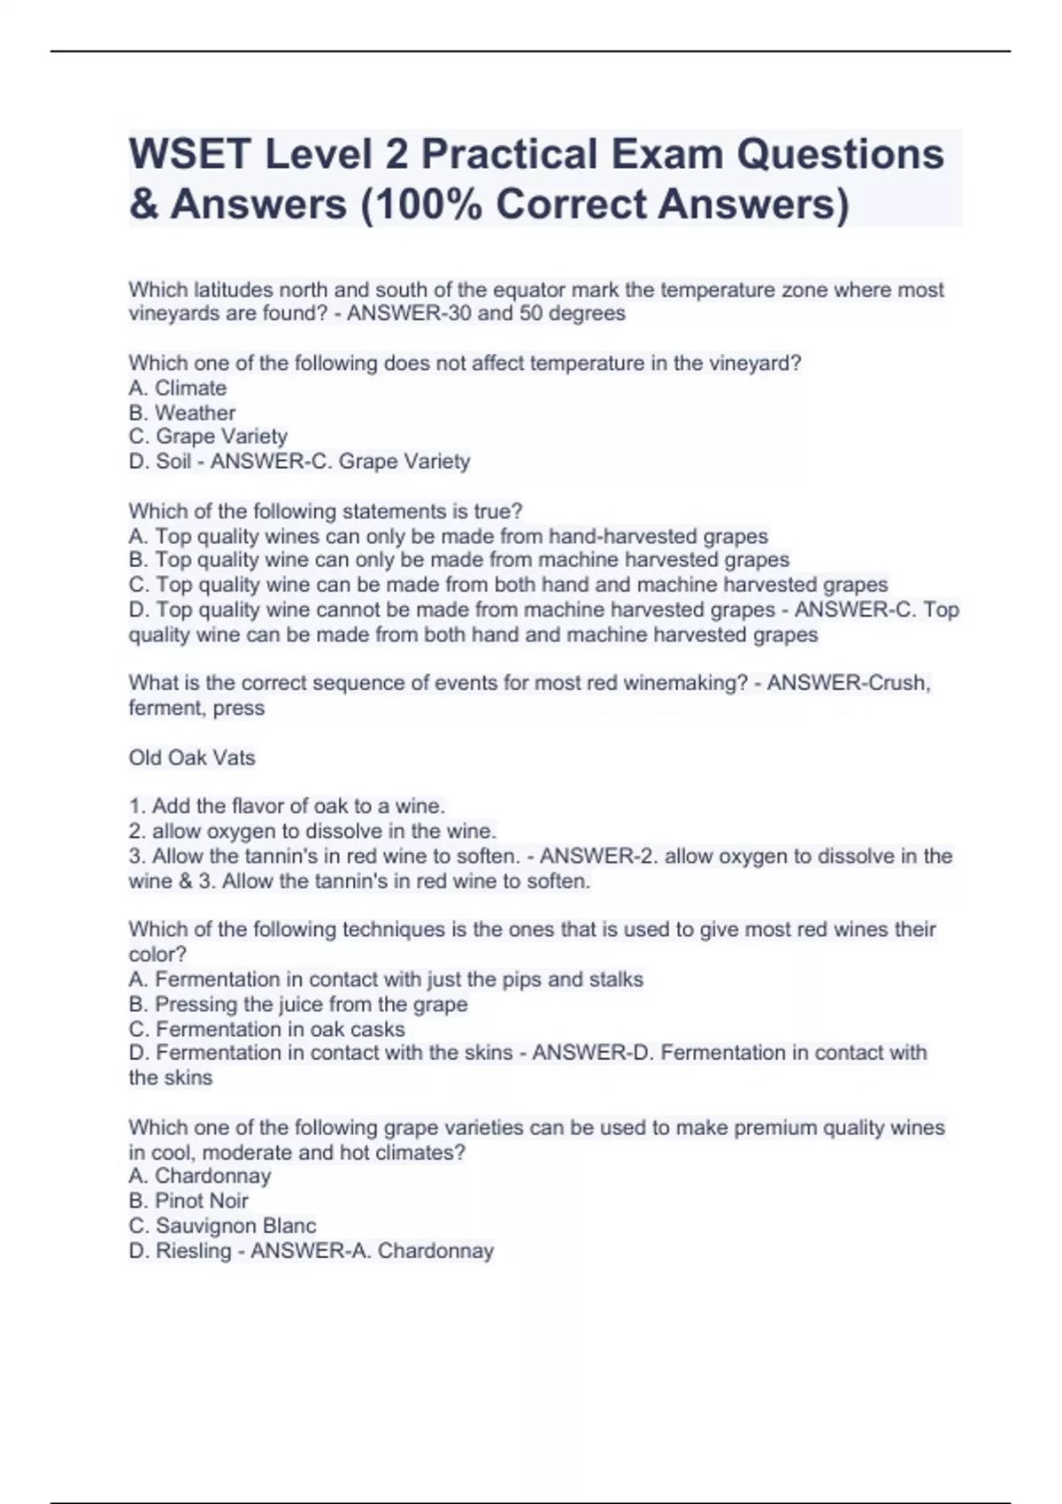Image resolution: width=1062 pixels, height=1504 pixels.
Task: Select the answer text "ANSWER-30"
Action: pyautogui.click(x=409, y=314)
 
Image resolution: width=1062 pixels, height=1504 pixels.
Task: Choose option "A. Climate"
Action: pyautogui.click(x=178, y=388)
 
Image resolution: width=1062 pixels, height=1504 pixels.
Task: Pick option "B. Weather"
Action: pyautogui.click(x=182, y=413)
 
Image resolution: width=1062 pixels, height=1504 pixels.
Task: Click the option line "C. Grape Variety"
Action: pyautogui.click(x=208, y=437)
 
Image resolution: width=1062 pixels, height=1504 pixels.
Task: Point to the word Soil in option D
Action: pyautogui.click(x=173, y=462)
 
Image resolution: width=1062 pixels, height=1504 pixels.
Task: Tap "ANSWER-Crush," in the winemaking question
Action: pyautogui.click(x=849, y=684)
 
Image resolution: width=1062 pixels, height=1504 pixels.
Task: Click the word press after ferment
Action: pyautogui.click(x=239, y=709)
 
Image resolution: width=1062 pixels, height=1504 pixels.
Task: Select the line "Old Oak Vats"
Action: pyautogui.click(x=192, y=758)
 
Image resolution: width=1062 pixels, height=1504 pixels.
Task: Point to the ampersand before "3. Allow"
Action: pyautogui.click(x=186, y=882)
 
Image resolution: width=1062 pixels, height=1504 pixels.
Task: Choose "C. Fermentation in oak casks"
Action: pyautogui.click(x=267, y=1030)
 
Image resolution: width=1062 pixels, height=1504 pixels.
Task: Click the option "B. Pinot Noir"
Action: pyautogui.click(x=189, y=1201)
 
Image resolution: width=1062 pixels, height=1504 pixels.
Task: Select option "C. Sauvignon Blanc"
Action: pyautogui.click(x=222, y=1226)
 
